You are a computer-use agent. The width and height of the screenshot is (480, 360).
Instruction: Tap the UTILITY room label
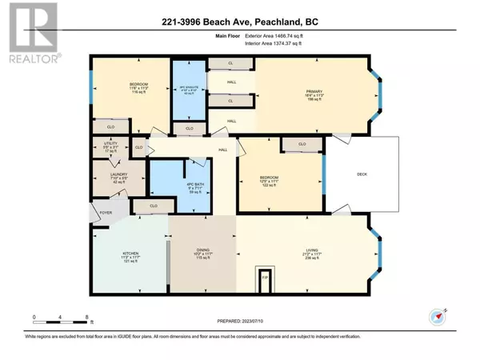click(110, 142)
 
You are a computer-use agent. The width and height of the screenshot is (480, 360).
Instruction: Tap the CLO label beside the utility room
click(138, 148)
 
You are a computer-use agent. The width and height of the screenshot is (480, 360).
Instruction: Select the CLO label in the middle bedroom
click(302, 145)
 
